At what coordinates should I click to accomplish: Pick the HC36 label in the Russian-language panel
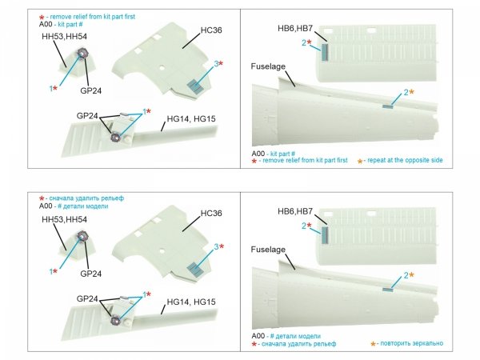tap(211, 214)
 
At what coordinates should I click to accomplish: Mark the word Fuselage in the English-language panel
tap(267, 66)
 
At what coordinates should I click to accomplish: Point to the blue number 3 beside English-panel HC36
tap(214, 64)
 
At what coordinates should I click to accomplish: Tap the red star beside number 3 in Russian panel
tap(221, 247)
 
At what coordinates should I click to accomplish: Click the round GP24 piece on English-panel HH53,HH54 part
tap(83, 55)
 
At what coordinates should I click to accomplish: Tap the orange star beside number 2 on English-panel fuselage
tap(411, 92)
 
